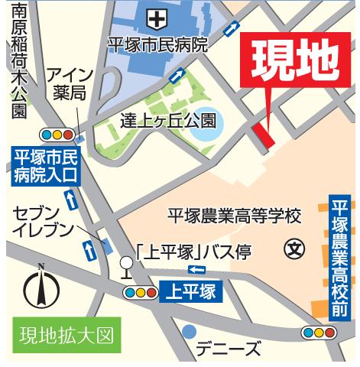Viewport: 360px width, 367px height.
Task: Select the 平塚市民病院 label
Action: [157, 44]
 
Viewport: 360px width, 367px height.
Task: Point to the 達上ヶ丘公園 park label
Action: [167, 121]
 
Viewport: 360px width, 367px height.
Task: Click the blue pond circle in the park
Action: [203, 131]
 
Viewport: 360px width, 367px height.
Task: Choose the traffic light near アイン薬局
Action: [58, 135]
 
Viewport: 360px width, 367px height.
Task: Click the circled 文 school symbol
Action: [293, 248]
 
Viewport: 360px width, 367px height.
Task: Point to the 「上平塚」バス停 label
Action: [193, 252]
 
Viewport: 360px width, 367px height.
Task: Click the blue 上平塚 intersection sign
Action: [190, 291]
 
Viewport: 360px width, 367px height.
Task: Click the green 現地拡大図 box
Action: [66, 335]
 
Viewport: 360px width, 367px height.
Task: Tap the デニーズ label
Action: [229, 350]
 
